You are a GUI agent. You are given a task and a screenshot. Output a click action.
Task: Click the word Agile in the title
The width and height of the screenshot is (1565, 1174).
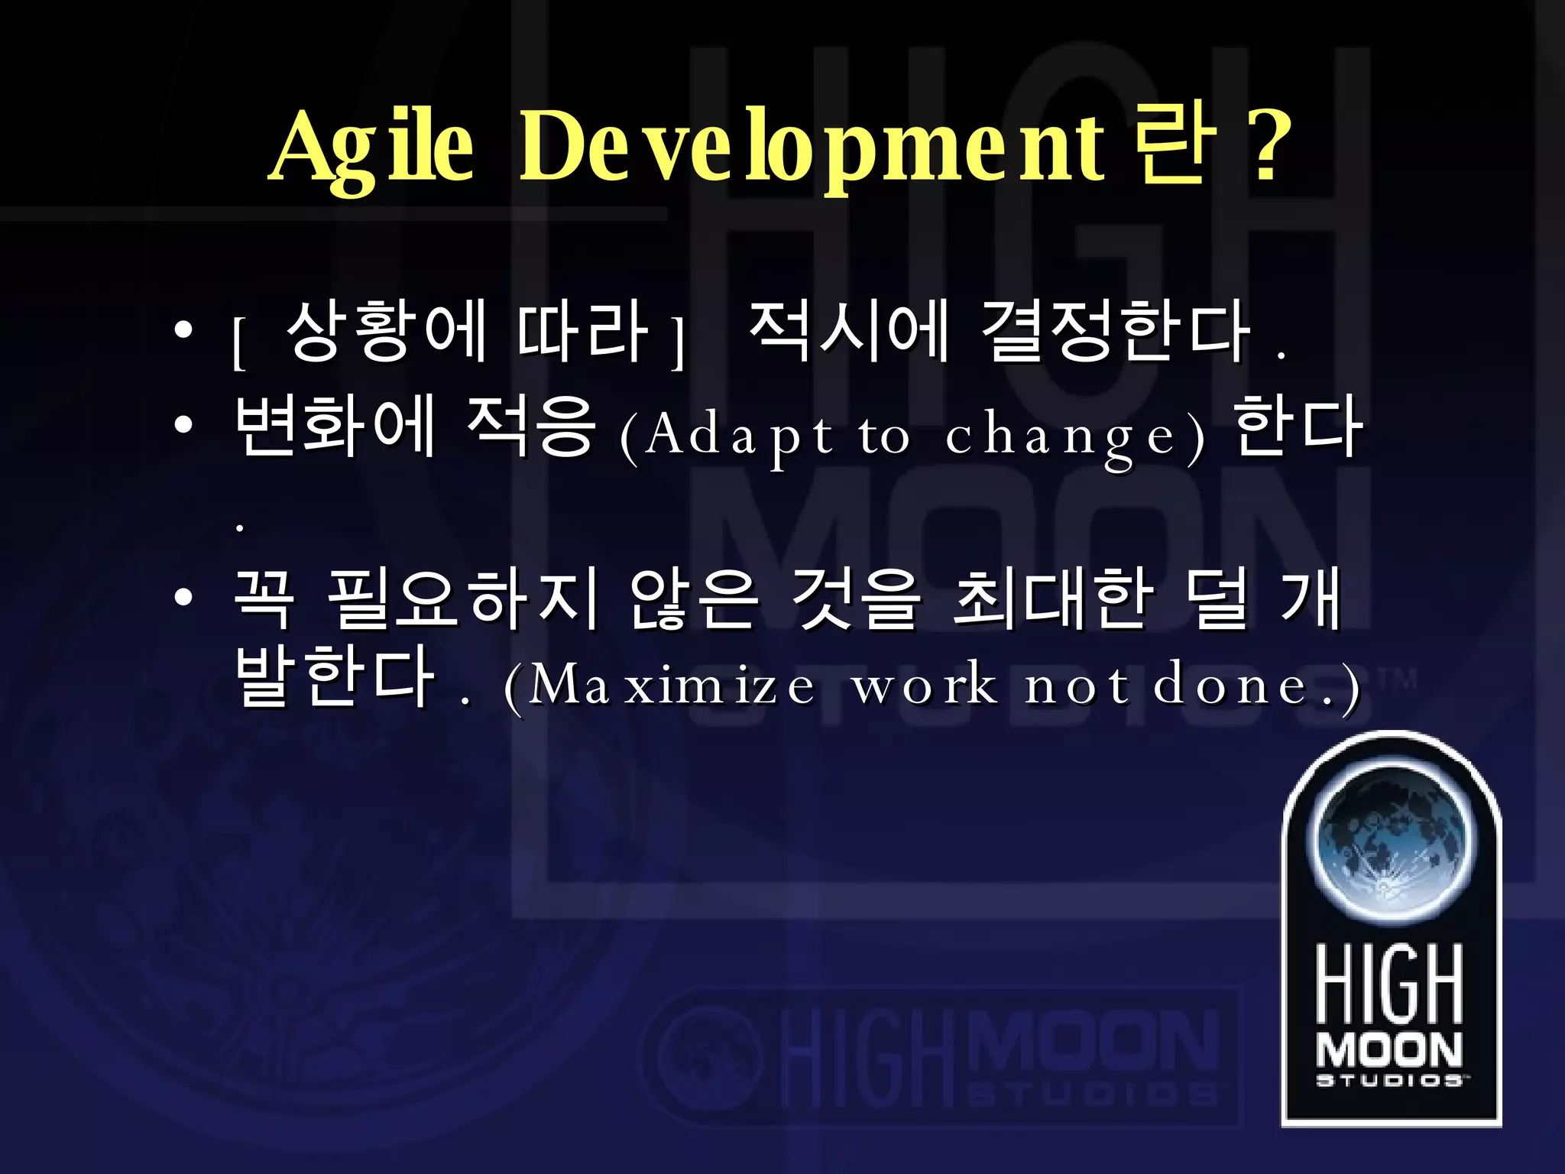pos(373,148)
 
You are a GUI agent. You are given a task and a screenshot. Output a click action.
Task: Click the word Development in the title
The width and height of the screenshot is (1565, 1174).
pos(812,148)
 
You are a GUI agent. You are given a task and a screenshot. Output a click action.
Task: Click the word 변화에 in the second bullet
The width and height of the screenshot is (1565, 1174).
pos(335,426)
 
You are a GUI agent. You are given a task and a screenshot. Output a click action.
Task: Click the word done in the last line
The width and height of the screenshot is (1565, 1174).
pos(1230,685)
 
